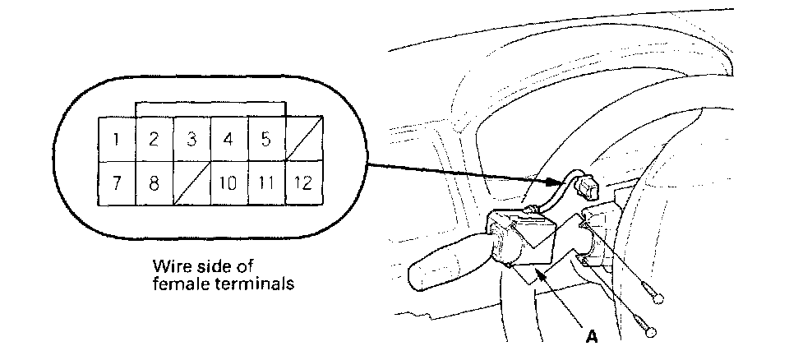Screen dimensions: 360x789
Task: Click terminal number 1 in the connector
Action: tap(118, 139)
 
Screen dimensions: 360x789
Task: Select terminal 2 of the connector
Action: tap(153, 139)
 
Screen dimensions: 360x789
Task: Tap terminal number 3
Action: tap(191, 139)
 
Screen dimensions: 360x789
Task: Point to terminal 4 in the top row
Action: tap(228, 139)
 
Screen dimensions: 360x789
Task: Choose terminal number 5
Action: tap(265, 139)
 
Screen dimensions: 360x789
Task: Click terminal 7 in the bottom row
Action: tap(118, 182)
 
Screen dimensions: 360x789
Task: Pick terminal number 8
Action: tap(153, 182)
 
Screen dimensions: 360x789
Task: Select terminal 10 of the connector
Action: tap(228, 182)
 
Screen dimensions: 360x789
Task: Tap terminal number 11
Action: tap(265, 182)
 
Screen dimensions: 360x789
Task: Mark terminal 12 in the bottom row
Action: tap(303, 182)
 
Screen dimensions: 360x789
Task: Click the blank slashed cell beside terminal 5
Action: tap(303, 139)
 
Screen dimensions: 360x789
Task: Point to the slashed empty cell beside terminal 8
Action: tap(191, 182)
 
